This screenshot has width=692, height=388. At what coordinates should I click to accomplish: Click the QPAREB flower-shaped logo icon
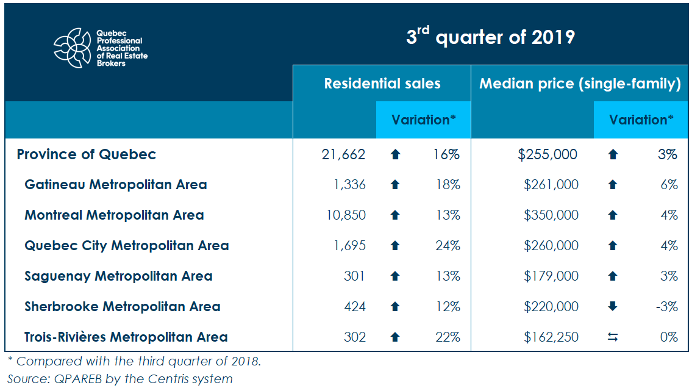(x=74, y=48)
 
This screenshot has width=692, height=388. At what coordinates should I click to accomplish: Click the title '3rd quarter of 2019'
(x=490, y=37)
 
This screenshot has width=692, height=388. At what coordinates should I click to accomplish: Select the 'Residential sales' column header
(x=382, y=84)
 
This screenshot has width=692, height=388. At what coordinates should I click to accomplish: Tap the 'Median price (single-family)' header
(x=580, y=84)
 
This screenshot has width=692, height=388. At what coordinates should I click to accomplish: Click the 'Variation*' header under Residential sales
(x=424, y=120)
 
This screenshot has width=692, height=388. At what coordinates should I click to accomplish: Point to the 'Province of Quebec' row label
(x=87, y=154)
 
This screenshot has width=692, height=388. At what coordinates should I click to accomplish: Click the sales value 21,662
(x=343, y=154)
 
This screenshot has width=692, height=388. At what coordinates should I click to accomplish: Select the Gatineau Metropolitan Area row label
(x=116, y=184)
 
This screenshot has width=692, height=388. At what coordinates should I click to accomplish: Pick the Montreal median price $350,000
(x=551, y=215)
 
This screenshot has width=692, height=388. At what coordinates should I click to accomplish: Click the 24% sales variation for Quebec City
(x=448, y=245)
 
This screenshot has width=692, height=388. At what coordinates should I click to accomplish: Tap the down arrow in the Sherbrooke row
(x=613, y=306)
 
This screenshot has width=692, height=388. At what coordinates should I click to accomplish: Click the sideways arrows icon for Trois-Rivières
(x=613, y=337)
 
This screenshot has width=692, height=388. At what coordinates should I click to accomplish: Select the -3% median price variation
(x=666, y=306)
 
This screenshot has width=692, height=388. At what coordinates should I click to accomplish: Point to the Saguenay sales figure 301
(x=354, y=276)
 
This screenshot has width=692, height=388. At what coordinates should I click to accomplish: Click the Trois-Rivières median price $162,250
(x=551, y=337)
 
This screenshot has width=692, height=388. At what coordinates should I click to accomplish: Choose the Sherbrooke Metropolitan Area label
(x=122, y=306)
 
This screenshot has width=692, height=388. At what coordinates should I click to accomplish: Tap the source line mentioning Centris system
(x=119, y=379)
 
